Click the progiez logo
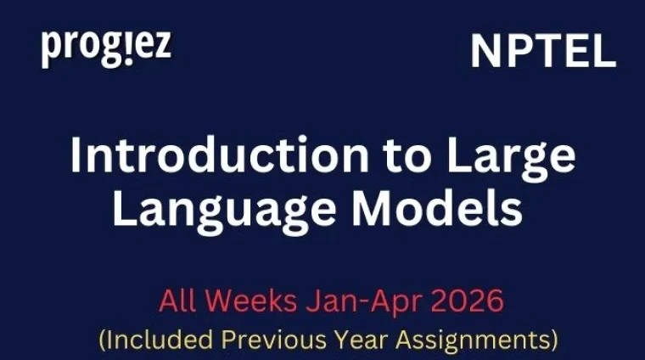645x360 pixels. (106, 48)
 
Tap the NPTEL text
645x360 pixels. (543, 53)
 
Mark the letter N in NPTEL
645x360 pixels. (487, 53)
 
